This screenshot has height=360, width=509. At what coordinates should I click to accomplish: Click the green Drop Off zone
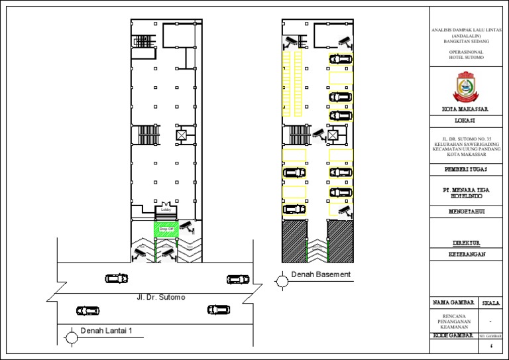click(x=167, y=229)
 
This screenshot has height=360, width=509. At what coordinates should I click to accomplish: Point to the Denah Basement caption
click(x=320, y=274)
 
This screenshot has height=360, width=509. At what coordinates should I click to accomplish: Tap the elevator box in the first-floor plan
click(x=182, y=135)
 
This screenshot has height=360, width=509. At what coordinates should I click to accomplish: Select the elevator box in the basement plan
click(x=333, y=135)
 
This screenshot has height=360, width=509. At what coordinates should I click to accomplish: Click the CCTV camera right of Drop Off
click(x=188, y=227)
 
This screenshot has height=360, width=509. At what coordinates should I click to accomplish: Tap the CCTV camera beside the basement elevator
click(x=318, y=134)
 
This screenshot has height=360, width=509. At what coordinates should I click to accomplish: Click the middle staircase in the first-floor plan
click(x=144, y=135)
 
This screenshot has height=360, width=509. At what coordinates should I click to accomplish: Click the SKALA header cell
click(x=492, y=303)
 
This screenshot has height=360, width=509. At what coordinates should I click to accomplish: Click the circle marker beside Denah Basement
click(x=282, y=282)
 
